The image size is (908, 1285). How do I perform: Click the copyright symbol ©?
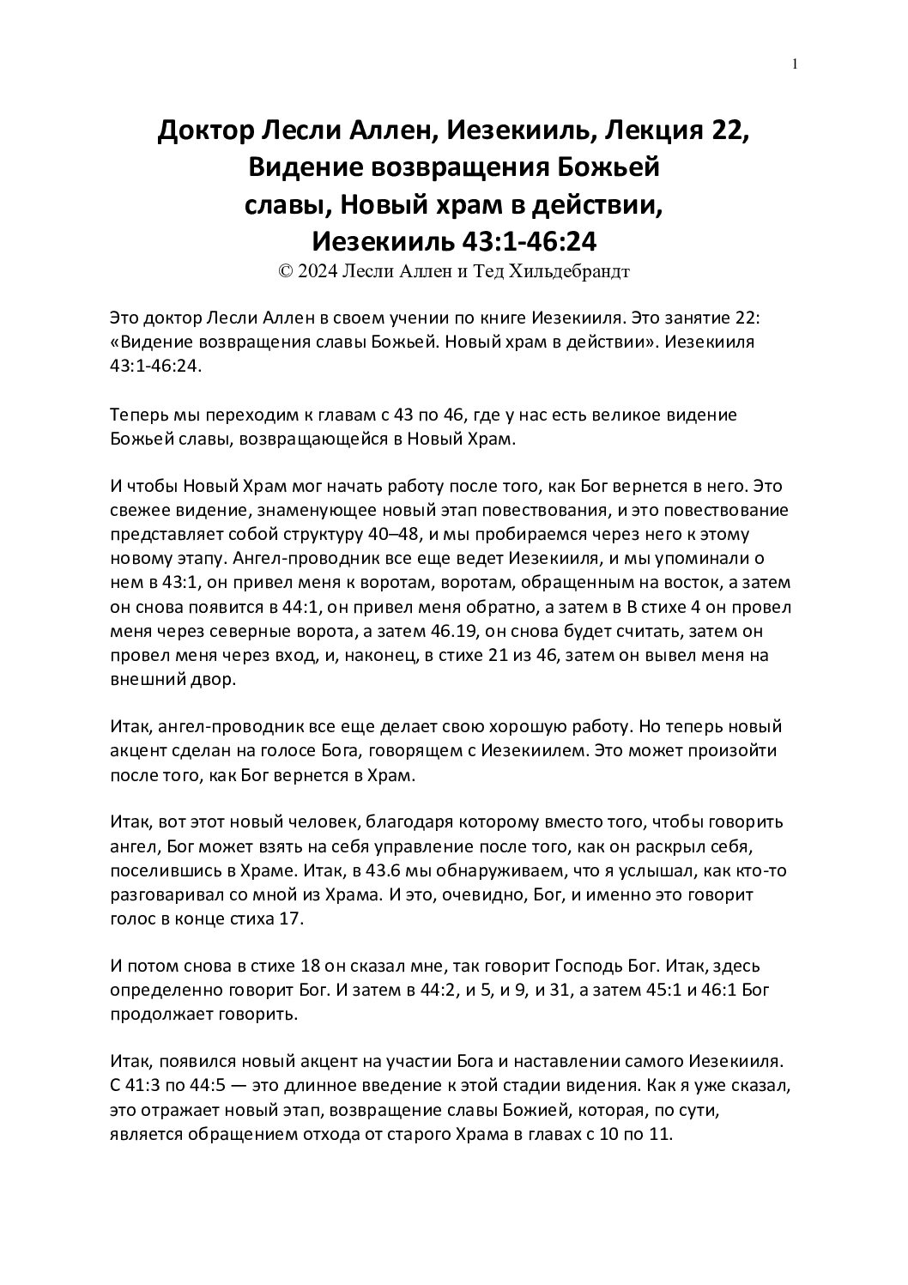[x=287, y=272]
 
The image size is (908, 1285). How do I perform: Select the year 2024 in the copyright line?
[x=319, y=272]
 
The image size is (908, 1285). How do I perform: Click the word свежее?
[x=140, y=510]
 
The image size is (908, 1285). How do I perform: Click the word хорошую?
[x=542, y=727]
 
